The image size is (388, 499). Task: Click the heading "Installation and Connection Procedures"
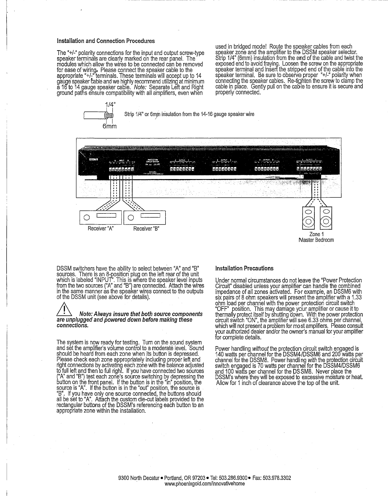[x=106, y=41]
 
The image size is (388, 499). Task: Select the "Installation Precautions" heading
[x=244, y=268]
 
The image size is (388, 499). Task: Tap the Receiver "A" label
[x=100, y=228]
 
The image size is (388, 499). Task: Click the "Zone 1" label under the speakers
[x=317, y=234]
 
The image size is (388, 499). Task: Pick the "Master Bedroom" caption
[x=316, y=240]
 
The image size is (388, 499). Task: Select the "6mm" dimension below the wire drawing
[x=109, y=126]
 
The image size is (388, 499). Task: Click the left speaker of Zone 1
[x=309, y=218]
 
